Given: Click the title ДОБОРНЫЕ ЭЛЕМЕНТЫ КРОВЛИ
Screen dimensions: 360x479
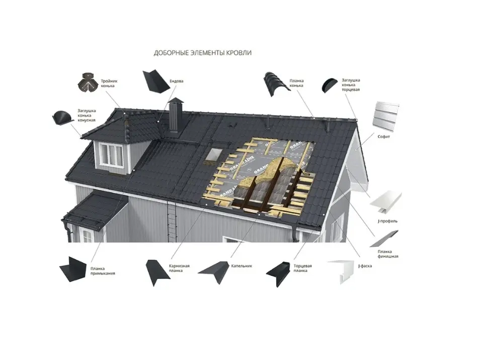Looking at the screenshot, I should point(202,52).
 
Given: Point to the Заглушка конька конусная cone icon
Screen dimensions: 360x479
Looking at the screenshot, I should point(63,118).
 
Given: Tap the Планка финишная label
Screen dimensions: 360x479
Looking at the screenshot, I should point(388,253).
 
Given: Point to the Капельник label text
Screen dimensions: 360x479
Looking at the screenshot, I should point(242,265).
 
